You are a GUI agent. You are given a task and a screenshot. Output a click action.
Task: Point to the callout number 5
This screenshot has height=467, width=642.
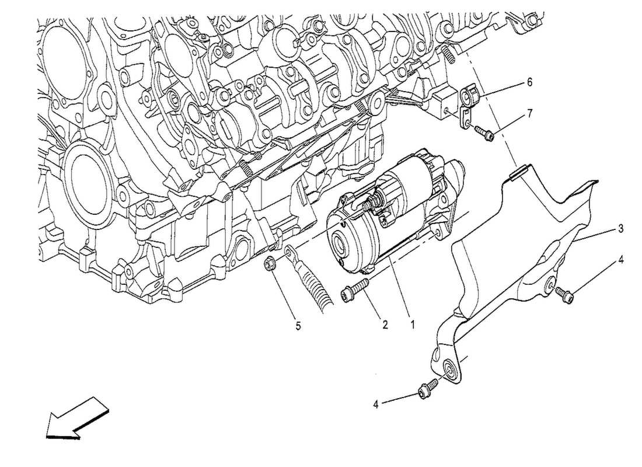pyautogui.click(x=298, y=326)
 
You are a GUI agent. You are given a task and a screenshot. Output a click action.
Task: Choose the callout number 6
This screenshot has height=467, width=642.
pyautogui.click(x=529, y=82)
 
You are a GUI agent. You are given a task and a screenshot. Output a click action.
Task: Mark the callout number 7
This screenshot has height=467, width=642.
pyautogui.click(x=529, y=113)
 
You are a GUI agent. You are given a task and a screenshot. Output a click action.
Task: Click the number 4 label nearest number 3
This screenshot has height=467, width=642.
pyautogui.click(x=620, y=259)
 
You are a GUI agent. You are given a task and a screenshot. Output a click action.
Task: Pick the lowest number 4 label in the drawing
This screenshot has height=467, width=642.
pyautogui.click(x=376, y=403)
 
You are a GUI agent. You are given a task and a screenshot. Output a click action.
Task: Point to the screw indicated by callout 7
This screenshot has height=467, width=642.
pyautogui.click(x=484, y=134)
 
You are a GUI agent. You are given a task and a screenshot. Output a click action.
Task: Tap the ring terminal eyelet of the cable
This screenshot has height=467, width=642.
pyautogui.click(x=289, y=252)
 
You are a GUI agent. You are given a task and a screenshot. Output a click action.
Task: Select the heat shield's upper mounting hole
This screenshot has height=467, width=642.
pyautogui.click(x=551, y=284)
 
